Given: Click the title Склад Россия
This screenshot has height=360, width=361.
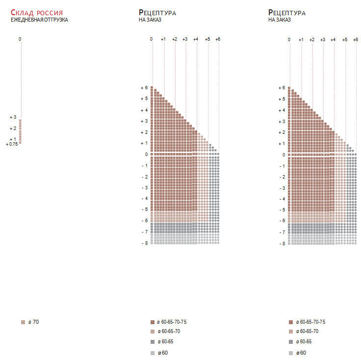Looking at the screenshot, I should coord(37,12).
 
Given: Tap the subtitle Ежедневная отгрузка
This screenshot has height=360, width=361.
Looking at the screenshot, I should coord(39,20).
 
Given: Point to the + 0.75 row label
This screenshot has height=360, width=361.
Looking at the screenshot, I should coord(12,144).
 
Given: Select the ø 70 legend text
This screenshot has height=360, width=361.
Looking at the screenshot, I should coord(33,322).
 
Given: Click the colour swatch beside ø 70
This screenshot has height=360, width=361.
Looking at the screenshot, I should coord(23,322).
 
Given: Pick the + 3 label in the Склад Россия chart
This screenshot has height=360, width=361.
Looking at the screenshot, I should coord(13,117).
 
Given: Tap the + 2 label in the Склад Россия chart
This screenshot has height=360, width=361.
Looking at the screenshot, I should coord(13,129).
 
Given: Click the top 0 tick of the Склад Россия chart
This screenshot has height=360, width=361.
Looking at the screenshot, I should coord(20,39).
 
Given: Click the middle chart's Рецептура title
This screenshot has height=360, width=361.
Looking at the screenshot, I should coord(157,12).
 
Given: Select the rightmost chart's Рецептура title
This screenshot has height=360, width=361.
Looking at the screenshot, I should coord(287,12).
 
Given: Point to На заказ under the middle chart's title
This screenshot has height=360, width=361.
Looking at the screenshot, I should coord(150,20).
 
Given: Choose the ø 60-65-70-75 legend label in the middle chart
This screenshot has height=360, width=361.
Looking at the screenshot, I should coord(171,322).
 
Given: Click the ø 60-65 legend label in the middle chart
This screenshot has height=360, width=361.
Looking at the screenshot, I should coord(165,342).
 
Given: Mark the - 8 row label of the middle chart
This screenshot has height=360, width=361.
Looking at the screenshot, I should coord(144,243).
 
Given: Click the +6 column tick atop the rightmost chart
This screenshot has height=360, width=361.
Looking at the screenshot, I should coord(356,39).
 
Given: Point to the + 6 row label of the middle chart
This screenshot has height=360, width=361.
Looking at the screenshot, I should coord(144,88).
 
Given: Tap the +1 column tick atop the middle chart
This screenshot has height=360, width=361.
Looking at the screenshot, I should coord(163,39).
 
